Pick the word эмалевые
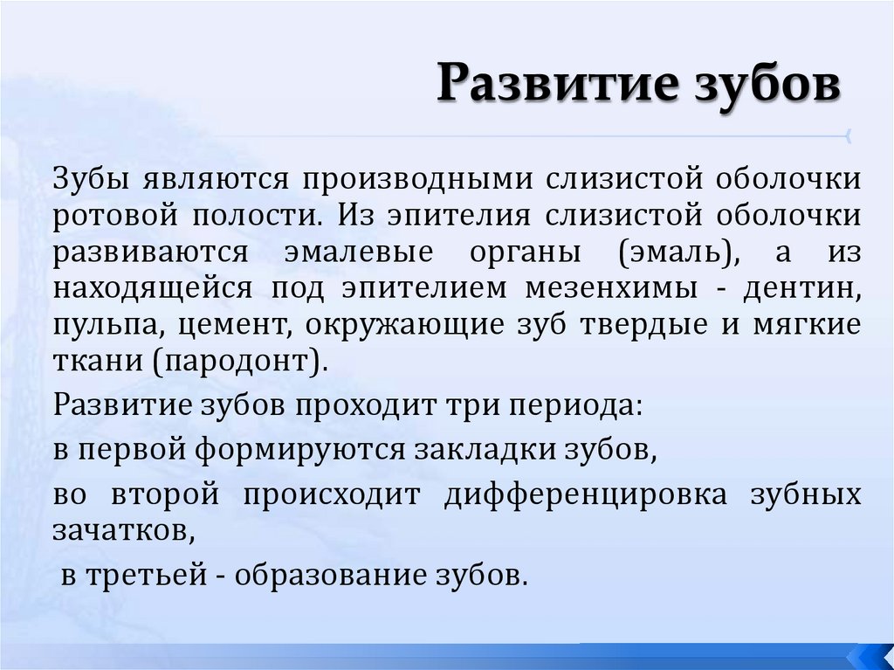[359, 252]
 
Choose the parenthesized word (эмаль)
[673, 252]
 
